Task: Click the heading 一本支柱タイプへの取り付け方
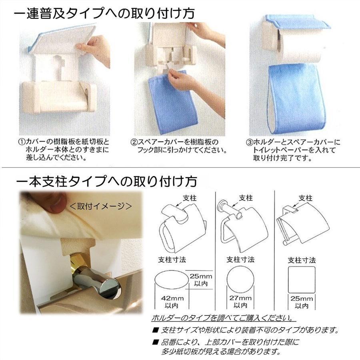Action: [x=107, y=182]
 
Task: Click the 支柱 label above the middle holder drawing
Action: [x=246, y=198]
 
